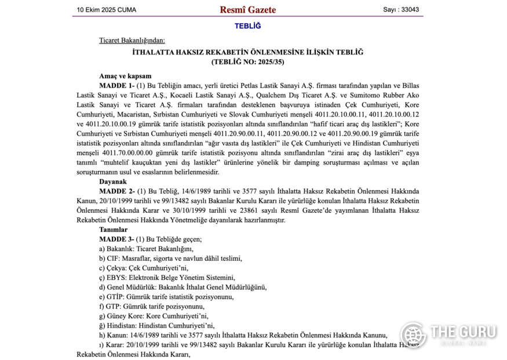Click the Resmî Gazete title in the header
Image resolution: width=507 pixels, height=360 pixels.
tap(247, 9)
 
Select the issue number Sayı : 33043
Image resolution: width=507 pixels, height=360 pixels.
tap(401, 9)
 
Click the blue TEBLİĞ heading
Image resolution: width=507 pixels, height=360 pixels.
tap(247, 26)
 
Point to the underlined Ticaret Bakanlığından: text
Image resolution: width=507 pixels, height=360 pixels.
tap(132, 40)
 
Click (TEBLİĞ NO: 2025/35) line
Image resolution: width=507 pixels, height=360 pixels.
tap(247, 61)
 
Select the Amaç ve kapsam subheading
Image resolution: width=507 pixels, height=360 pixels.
tap(125, 76)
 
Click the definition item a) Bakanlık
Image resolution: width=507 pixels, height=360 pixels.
tap(125, 249)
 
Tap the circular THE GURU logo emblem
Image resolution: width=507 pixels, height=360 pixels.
tap(413, 335)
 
